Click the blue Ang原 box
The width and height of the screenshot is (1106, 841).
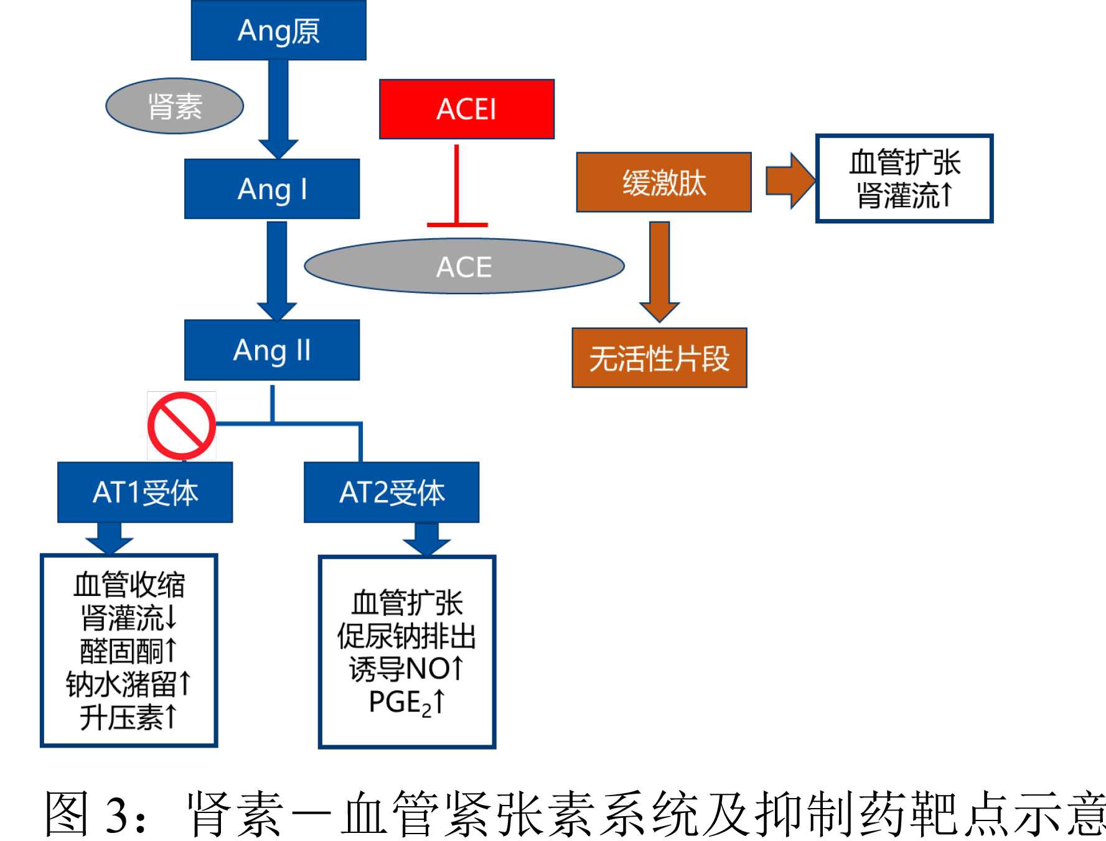pyautogui.click(x=278, y=30)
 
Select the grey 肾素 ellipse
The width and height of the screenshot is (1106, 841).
pyautogui.click(x=174, y=106)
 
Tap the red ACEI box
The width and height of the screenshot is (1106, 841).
pyautogui.click(x=467, y=109)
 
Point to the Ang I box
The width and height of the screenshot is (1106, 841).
pyautogui.click(x=272, y=189)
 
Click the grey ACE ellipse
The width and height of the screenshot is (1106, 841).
pyautogui.click(x=464, y=267)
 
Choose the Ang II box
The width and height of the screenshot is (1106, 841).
pyautogui.click(x=272, y=350)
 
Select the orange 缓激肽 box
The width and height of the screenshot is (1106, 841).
pyautogui.click(x=663, y=182)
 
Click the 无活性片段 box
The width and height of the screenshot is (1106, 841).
pyautogui.click(x=659, y=358)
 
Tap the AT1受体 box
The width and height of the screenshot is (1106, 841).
pyautogui.click(x=145, y=492)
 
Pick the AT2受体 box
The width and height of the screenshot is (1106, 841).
pyautogui.click(x=391, y=492)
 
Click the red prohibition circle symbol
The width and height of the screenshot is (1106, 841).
pyautogui.click(x=181, y=426)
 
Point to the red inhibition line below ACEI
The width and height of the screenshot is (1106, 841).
pyautogui.click(x=457, y=187)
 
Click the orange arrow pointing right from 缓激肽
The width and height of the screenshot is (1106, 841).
pyautogui.click(x=789, y=180)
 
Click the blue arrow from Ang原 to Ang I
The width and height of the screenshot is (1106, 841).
pyautogui.click(x=278, y=106)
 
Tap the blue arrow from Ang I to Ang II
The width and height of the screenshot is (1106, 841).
pyautogui.click(x=277, y=267)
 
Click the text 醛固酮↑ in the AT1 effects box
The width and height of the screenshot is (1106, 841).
pyautogui.click(x=129, y=651)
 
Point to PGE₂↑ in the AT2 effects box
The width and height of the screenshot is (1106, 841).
pyautogui.click(x=407, y=703)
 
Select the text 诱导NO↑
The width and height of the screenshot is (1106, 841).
pyautogui.click(x=407, y=669)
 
